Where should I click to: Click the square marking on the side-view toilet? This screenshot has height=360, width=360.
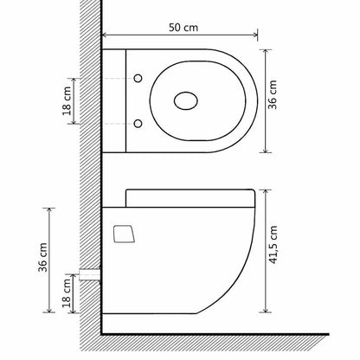coord(125,234)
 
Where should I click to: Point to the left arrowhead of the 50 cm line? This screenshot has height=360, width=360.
coord(106,35)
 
